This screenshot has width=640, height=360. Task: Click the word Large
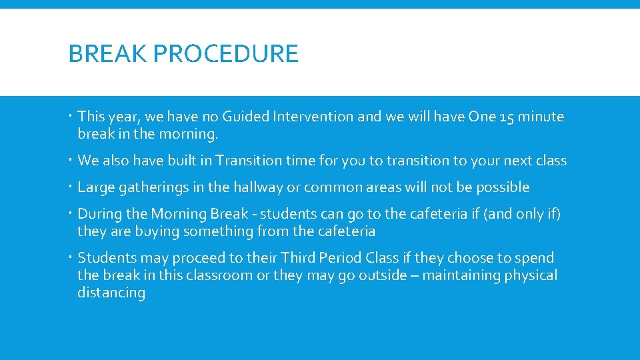(96, 187)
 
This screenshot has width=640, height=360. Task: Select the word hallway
(257, 187)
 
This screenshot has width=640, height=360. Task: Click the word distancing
(111, 293)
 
